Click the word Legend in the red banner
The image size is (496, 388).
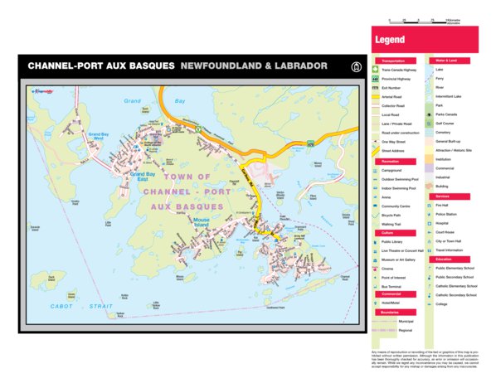pyautogui.click(x=390, y=39)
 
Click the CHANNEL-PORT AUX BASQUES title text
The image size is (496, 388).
pyautogui.click(x=101, y=65)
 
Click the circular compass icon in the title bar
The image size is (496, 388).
pyautogui.click(x=356, y=65)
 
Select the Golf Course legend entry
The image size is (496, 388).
pyautogui.click(x=447, y=123)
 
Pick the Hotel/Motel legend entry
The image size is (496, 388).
pyautogui.click(x=394, y=303)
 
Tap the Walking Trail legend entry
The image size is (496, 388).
pyautogui.click(x=395, y=223)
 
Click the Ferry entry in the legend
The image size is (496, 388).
pyautogui.click(x=439, y=78)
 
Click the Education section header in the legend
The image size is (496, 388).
pyautogui.click(x=443, y=259)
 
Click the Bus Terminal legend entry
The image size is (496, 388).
pyautogui.click(x=396, y=285)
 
